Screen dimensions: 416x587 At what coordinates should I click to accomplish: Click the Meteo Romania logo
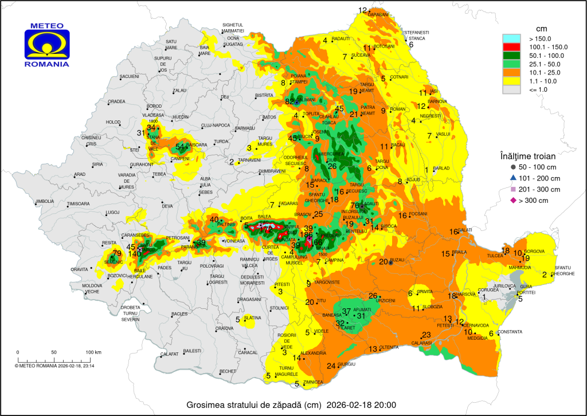(x=47, y=45)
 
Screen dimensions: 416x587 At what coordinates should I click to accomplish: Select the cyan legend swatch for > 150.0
(x=512, y=38)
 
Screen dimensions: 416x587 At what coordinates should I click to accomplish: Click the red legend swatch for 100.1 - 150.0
(x=512, y=46)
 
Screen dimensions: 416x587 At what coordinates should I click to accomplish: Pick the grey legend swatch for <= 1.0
(x=512, y=89)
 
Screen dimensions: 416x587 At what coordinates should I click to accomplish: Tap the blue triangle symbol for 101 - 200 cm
(x=513, y=178)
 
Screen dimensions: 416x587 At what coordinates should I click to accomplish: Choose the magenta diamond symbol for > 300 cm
(x=513, y=200)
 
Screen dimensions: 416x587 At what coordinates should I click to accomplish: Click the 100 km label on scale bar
(x=93, y=352)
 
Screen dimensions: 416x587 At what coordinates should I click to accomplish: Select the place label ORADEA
(x=116, y=101)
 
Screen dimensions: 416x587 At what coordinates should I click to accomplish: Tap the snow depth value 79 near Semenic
(x=117, y=253)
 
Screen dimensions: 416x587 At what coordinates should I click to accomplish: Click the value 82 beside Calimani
(x=289, y=101)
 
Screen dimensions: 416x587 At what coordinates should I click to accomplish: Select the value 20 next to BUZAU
(x=383, y=261)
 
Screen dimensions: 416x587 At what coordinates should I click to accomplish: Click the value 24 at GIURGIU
(x=331, y=366)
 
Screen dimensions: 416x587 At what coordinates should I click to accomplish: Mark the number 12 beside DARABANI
(x=363, y=10)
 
